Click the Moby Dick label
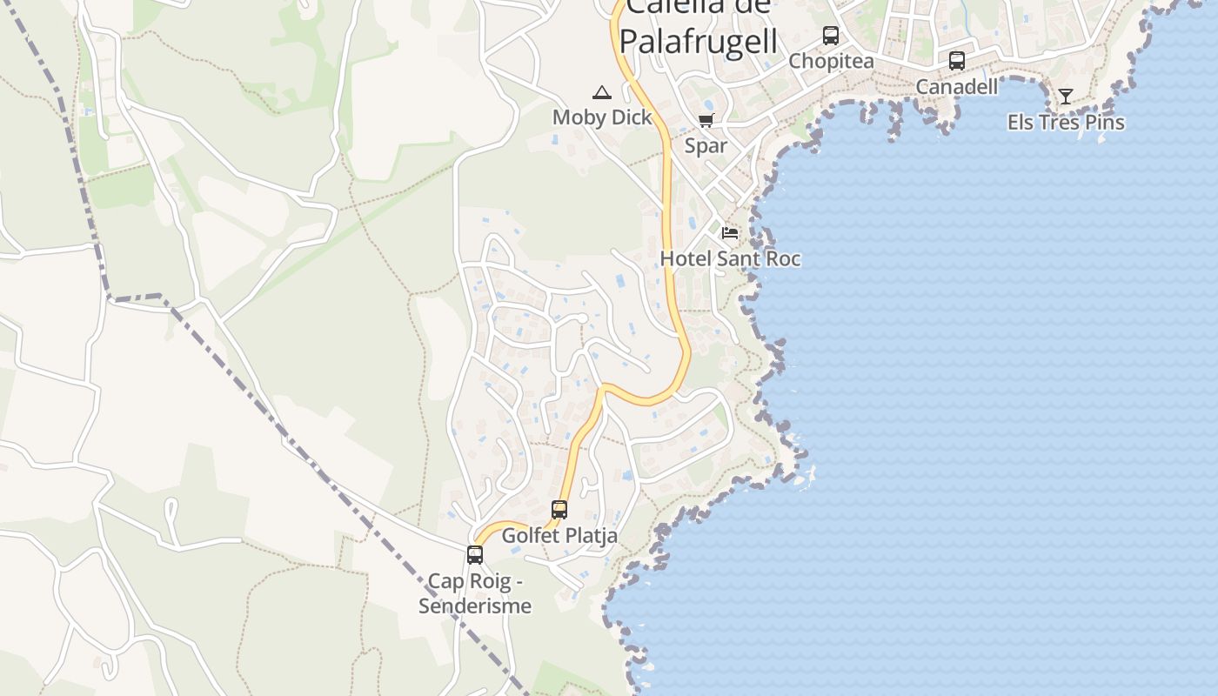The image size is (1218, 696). click(602, 117)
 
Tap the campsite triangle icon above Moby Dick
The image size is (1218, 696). click(601, 92)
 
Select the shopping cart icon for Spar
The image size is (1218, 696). click(706, 121)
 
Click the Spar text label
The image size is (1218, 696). click(706, 145)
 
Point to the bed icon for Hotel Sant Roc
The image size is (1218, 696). click(730, 233)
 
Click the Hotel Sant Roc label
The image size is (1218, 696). click(730, 258)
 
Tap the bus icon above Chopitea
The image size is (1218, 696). click(831, 36)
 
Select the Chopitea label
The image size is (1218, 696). click(831, 61)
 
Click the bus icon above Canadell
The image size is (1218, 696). click(957, 61)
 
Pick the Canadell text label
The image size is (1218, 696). click(957, 87)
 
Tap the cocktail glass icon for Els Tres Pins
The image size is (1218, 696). click(1066, 97)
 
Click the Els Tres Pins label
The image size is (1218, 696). click(1066, 123)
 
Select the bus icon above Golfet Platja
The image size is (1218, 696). click(559, 510)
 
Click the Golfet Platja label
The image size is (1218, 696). click(559, 535)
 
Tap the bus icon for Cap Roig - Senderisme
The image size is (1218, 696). click(475, 554)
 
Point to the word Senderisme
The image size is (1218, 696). click(475, 606)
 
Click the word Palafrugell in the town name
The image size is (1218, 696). click(698, 42)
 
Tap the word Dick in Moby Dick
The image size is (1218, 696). click(630, 117)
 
